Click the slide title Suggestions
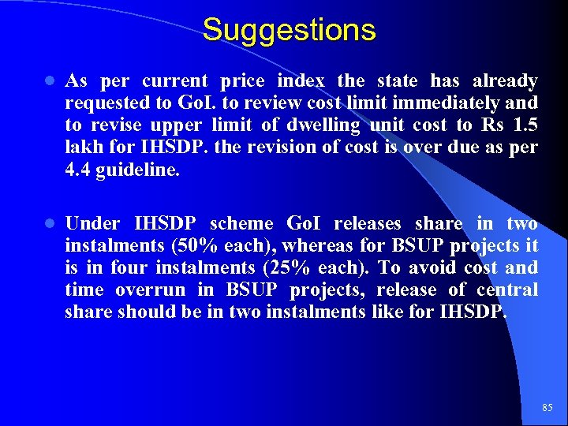pos(289,30)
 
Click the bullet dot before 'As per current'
pos(48,81)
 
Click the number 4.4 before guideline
pos(77,169)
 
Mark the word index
pos(302,81)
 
